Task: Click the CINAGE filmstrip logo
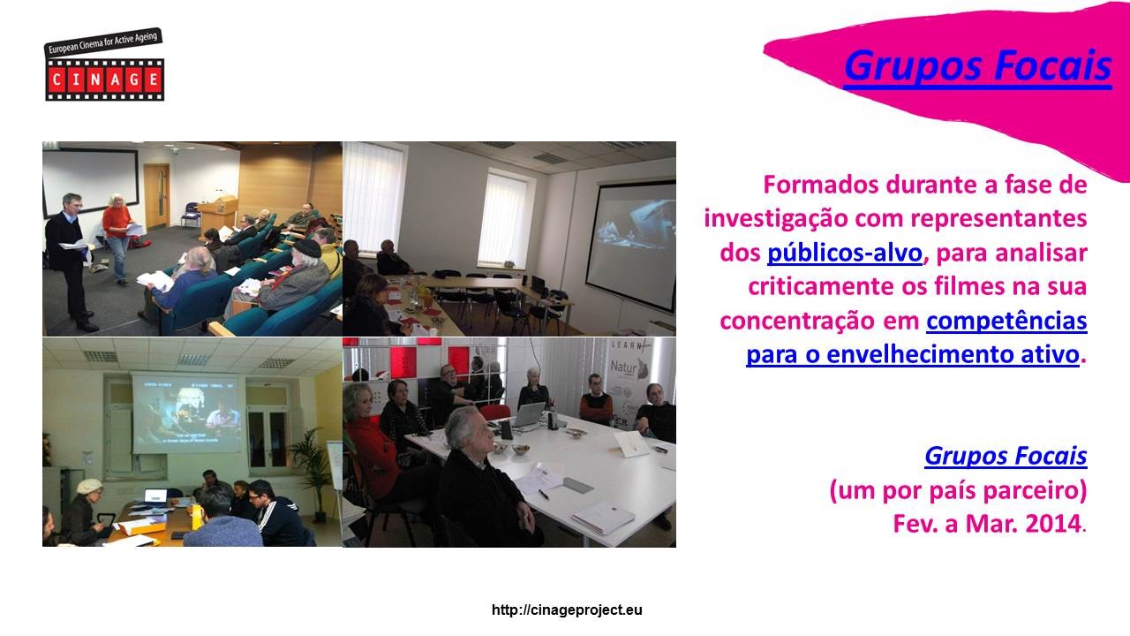(x=104, y=64)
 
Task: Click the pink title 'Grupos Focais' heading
(x=977, y=66)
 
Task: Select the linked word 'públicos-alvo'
(x=845, y=253)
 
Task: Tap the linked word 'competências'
(x=1006, y=321)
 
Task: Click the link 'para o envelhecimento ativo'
(x=913, y=354)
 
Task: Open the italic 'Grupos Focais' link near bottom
(x=1006, y=456)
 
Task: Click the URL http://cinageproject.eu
(x=567, y=610)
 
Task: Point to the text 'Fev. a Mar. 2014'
(x=987, y=524)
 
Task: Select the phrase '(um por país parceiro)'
(x=958, y=490)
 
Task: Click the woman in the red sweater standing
(x=117, y=238)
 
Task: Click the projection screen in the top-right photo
(x=630, y=245)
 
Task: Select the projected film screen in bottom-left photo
(x=186, y=413)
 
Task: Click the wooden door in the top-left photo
(x=156, y=197)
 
